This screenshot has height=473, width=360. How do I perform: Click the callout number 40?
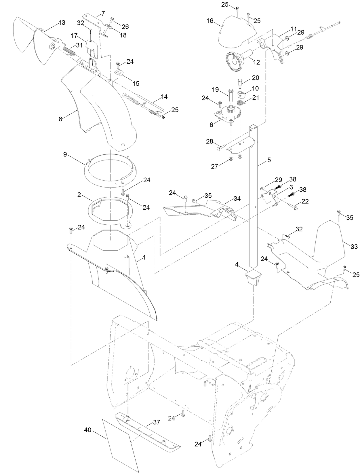87,430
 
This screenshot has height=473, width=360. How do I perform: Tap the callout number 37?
157,423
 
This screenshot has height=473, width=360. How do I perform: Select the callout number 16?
210,20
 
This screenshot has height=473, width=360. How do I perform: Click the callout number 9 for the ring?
65,154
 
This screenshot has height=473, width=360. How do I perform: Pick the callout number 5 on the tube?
269,160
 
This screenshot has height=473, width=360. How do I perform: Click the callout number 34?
237,198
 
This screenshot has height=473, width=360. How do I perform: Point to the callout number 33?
354,247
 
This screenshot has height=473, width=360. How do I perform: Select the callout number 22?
305,201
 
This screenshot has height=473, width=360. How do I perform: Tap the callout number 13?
62,22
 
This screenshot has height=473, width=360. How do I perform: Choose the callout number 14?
164,97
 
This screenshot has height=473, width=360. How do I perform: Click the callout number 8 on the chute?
60,119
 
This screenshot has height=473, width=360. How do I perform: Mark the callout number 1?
144,257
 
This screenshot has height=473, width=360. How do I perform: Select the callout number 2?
79,194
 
